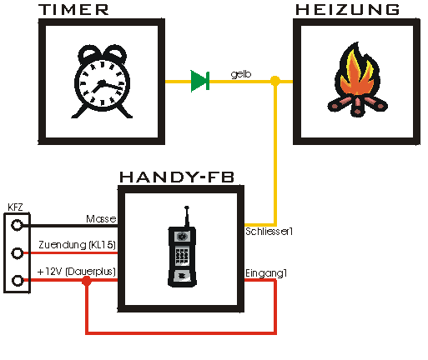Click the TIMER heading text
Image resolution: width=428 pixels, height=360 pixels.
pos(73,10)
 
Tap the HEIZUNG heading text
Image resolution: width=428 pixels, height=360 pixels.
pos(348,10)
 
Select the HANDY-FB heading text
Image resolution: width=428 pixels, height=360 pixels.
pos(177,177)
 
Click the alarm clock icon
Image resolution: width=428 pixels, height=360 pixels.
pos(102,82)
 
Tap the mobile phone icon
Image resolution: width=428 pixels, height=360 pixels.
pos(182,247)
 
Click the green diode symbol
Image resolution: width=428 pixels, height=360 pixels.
pos(200,81)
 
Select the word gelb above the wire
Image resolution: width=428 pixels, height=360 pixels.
pos(241,74)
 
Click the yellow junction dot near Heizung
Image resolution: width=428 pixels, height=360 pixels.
pos(275,81)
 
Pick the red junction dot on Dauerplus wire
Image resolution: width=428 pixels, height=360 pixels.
pos(87,282)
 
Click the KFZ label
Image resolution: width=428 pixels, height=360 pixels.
pos(15,207)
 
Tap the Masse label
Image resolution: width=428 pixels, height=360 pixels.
pos(101,219)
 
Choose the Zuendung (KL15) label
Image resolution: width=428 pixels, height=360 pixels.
pos(77,245)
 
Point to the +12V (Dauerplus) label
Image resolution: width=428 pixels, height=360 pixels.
pos(77,272)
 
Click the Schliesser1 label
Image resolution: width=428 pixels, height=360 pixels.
pos(269,232)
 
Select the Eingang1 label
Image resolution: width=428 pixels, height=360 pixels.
pos(266,273)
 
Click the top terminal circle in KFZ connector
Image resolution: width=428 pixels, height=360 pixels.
pos(17,225)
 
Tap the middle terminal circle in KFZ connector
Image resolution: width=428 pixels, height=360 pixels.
pos(17,253)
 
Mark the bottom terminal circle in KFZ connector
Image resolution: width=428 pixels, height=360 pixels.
pos(18,280)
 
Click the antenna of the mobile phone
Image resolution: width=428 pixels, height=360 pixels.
pos(187,216)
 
